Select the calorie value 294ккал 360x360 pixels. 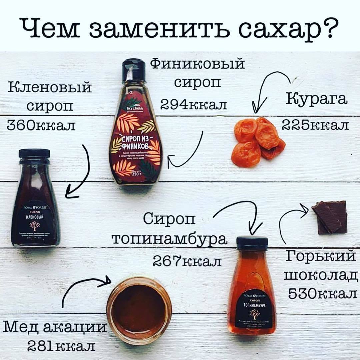194,105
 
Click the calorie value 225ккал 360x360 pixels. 315,125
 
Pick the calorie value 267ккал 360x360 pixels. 187,261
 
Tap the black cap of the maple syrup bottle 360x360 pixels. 34,154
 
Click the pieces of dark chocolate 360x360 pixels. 330,217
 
